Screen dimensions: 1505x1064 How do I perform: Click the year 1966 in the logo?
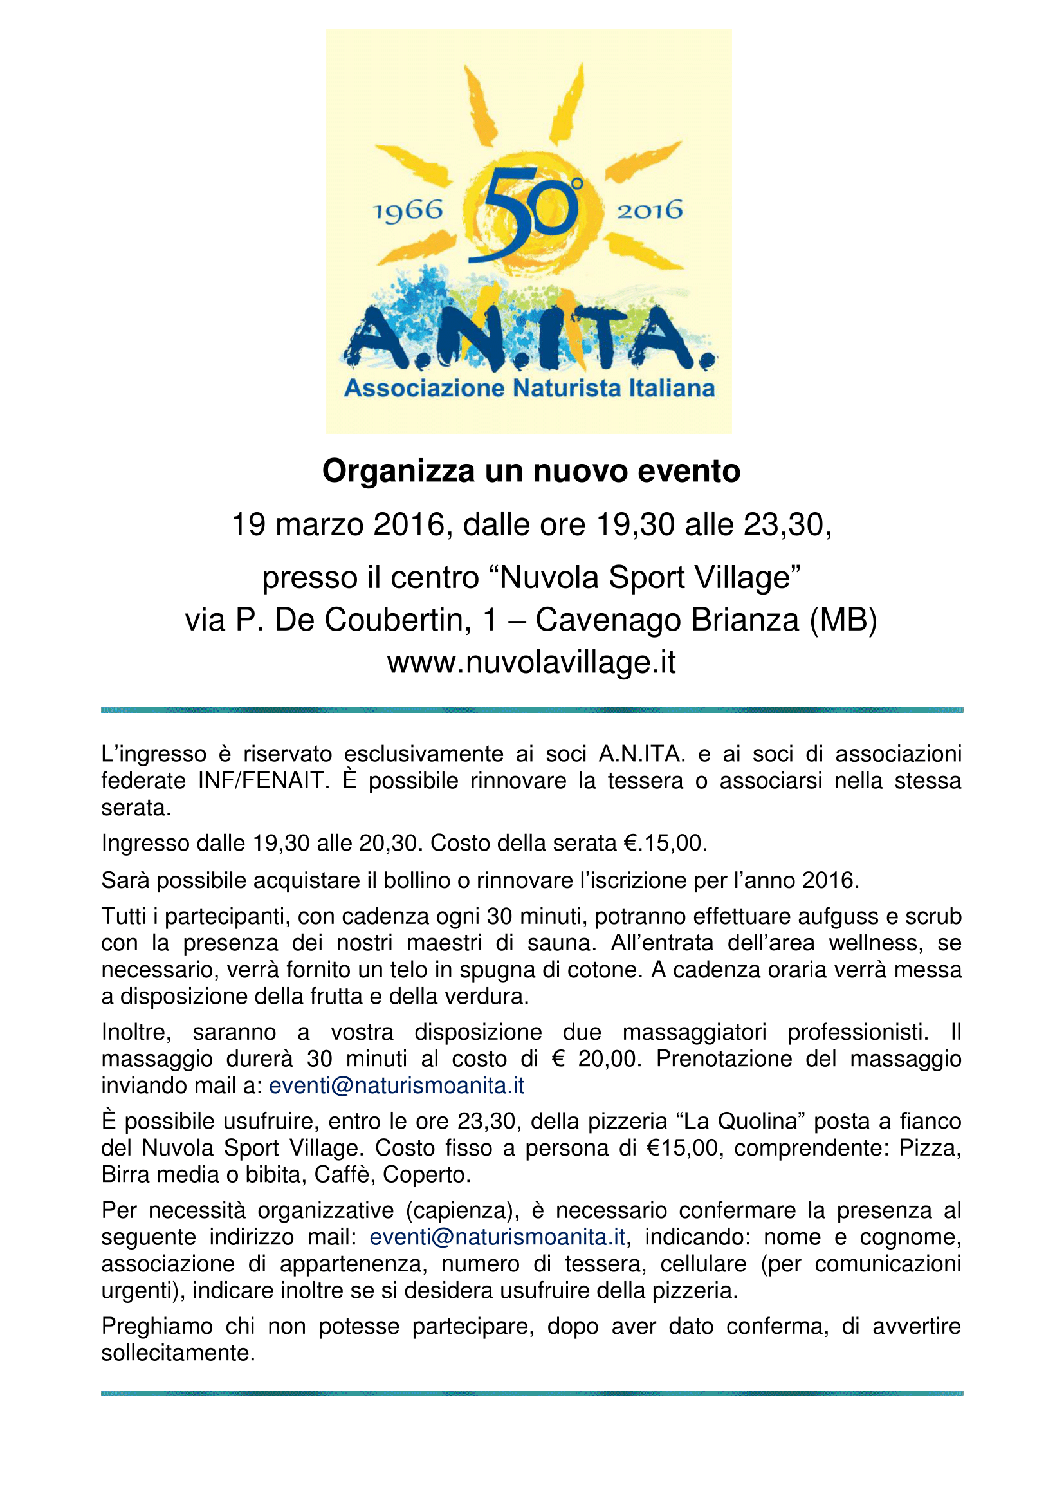[x=407, y=211]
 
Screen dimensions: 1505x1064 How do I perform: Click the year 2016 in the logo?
[x=649, y=210]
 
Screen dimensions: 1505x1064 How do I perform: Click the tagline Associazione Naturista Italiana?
[x=529, y=388]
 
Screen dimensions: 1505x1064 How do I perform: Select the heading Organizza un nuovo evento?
[x=531, y=471]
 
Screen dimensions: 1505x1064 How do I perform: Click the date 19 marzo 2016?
[x=338, y=525]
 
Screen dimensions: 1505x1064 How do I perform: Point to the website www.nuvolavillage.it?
[x=531, y=663]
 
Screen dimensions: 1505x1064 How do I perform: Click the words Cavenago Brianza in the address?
[x=667, y=620]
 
